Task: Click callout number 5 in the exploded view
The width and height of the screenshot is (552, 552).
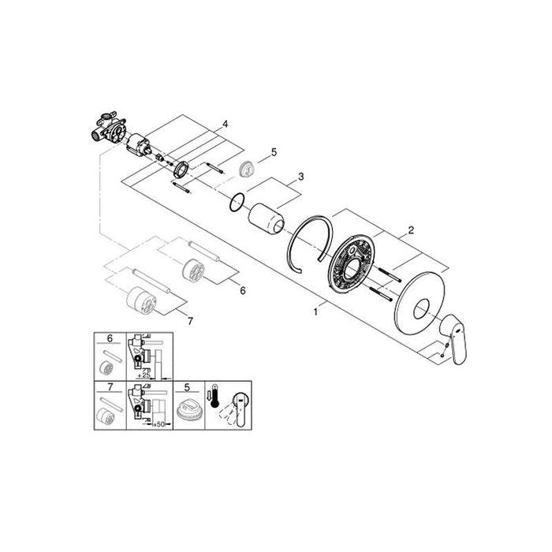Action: click(x=274, y=151)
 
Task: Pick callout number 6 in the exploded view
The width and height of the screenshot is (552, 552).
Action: click(x=243, y=291)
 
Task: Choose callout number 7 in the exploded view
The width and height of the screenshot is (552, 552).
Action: click(x=188, y=319)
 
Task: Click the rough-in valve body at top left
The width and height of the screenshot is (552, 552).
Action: click(x=109, y=131)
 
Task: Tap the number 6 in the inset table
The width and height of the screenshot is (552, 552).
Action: click(x=110, y=339)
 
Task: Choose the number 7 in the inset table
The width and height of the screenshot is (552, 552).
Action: click(x=110, y=390)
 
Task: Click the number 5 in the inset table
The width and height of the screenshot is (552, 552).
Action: click(x=186, y=390)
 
